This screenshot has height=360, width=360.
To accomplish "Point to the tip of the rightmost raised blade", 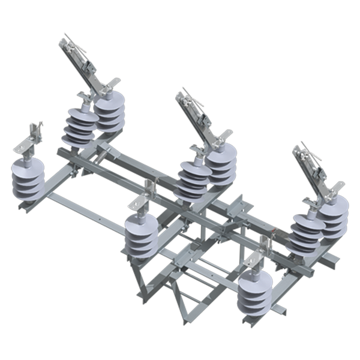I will pyautogui.click(x=296, y=146).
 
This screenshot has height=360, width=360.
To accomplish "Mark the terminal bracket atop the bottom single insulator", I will pyautogui.click(x=256, y=258).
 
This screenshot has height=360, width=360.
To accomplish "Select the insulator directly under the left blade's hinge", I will pyautogui.click(x=110, y=112).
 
